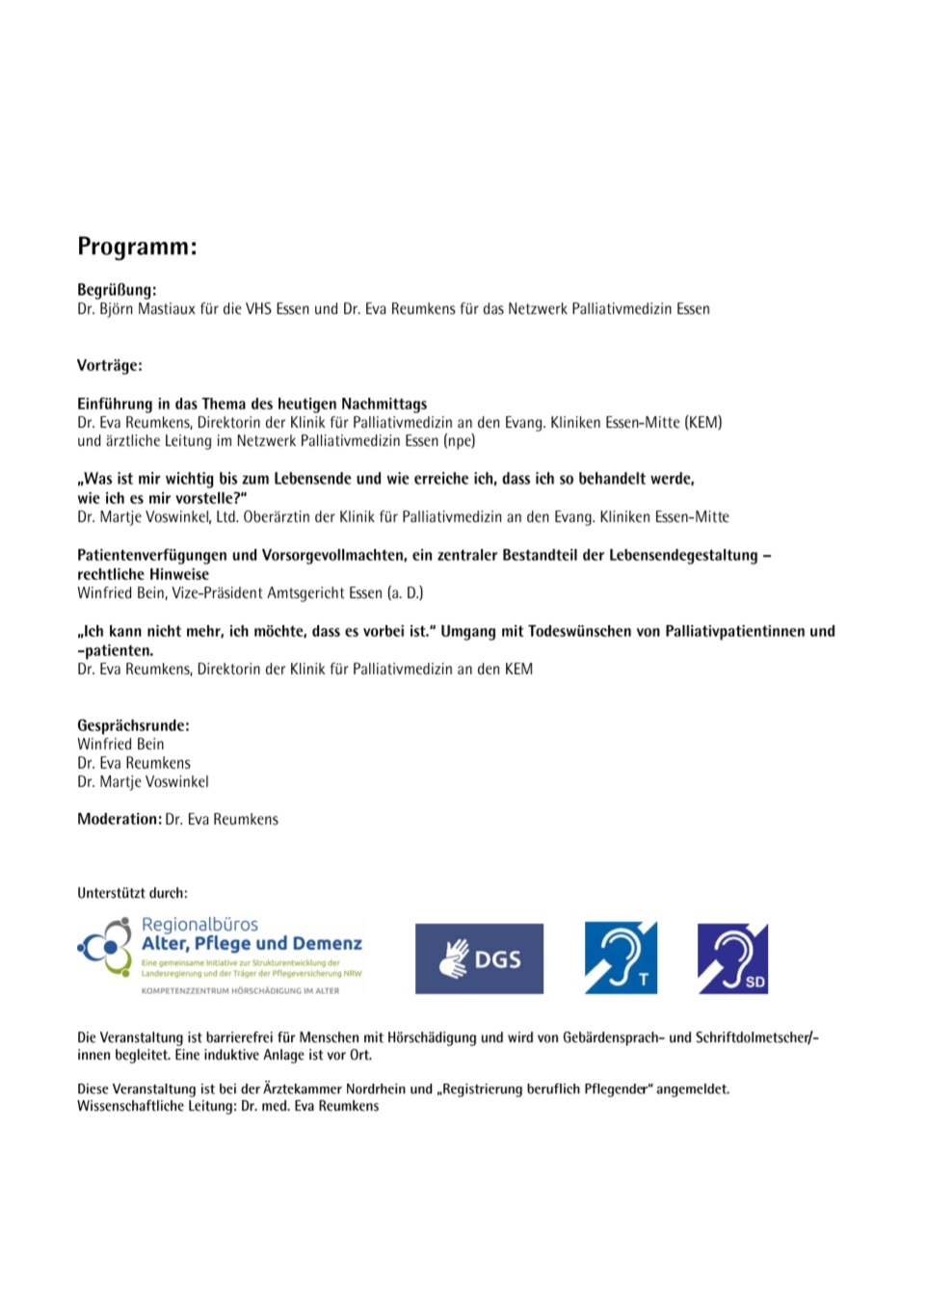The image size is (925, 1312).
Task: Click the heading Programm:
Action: [x=137, y=247]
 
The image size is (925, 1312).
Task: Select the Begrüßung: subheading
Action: [x=117, y=289]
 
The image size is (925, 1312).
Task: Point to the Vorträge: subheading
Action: [x=110, y=365]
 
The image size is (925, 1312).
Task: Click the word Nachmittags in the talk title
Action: [x=383, y=404]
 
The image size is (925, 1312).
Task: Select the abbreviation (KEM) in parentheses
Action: [x=703, y=422]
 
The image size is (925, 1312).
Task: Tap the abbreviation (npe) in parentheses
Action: [x=460, y=441]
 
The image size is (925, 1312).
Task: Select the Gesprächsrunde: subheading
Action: [x=133, y=725]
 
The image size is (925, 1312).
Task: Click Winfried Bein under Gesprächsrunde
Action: [x=120, y=745]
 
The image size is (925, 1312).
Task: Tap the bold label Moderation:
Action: [x=119, y=819]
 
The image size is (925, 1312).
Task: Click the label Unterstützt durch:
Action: [x=132, y=893]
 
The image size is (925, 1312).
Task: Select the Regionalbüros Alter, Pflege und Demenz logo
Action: [x=221, y=956]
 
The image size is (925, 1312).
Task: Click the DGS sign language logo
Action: [x=479, y=958]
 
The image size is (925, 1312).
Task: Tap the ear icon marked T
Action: [x=621, y=958]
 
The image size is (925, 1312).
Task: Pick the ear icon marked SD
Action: [x=732, y=958]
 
